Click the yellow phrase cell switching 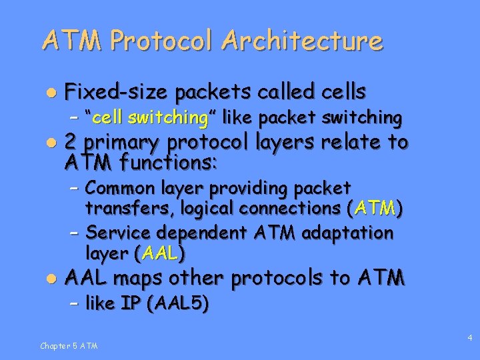point(150,118)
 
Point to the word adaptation point(347,233)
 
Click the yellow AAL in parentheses point(160,253)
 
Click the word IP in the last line point(131,304)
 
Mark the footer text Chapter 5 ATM point(69,345)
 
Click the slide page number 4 point(470,339)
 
